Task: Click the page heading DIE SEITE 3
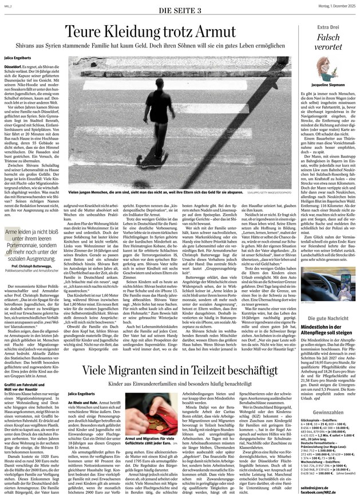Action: coord(180,10)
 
